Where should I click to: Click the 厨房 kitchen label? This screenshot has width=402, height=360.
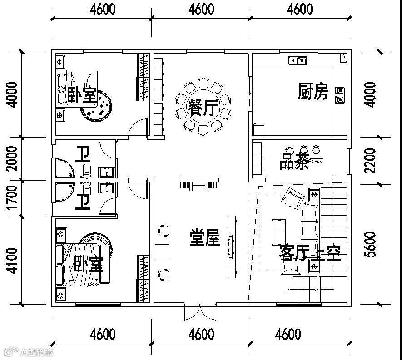point(313,92)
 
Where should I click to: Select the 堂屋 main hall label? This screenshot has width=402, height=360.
point(205,238)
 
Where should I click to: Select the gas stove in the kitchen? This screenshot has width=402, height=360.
point(339,95)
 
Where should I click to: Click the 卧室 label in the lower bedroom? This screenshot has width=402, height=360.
point(89,264)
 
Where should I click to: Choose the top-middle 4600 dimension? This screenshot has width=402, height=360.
point(201,9)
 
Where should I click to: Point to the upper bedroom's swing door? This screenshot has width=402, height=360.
point(138,127)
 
